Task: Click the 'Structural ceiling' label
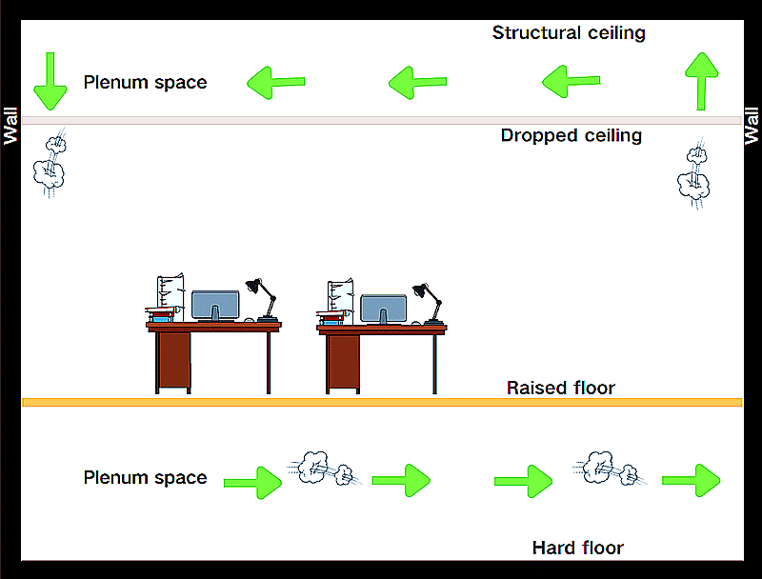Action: click(x=569, y=33)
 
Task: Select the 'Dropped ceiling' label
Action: click(x=571, y=135)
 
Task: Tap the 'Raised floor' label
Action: click(x=560, y=388)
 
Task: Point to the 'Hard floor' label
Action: click(x=577, y=548)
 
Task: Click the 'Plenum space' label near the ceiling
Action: click(x=145, y=82)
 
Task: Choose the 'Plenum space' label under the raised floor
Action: click(x=145, y=477)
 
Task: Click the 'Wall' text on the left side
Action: click(x=10, y=124)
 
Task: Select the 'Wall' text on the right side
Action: click(x=752, y=124)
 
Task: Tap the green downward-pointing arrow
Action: click(x=50, y=82)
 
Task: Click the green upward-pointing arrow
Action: click(x=702, y=81)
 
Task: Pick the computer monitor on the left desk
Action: click(x=215, y=306)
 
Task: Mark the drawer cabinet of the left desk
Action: click(x=173, y=361)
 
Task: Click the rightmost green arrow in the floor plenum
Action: click(x=692, y=480)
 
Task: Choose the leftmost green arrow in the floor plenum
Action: click(x=253, y=483)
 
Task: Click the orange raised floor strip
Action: click(x=381, y=403)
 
